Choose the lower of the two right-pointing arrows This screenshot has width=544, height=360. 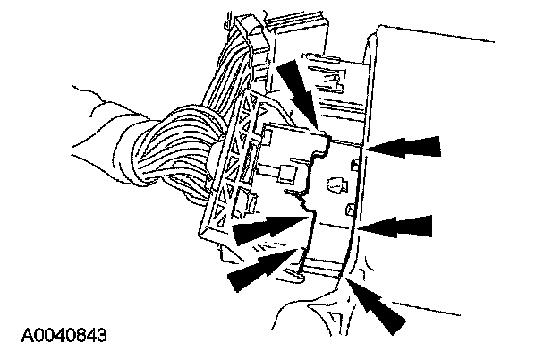point(259,270)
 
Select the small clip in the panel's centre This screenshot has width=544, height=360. point(337,188)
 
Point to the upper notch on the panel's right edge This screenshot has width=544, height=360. point(356,165)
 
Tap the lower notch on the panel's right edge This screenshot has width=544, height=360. point(351,211)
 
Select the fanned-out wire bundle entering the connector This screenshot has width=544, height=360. point(188,143)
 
